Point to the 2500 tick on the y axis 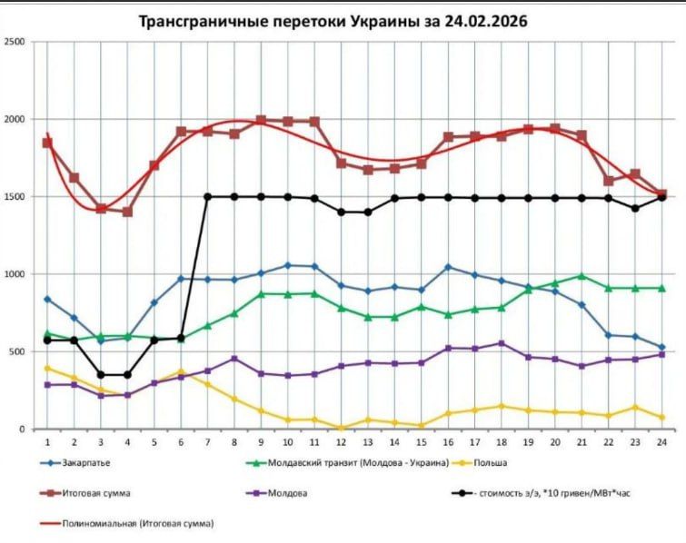(15, 42)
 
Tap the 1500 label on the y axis (15, 197)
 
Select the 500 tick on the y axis (17, 351)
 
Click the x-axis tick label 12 (339, 440)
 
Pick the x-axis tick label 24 (661, 440)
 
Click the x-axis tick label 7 (207, 440)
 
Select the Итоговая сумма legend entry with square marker (96, 493)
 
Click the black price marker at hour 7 (207, 196)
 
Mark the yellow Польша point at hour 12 (339, 428)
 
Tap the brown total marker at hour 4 (127, 212)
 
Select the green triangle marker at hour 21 (581, 276)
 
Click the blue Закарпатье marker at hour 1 (47, 299)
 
